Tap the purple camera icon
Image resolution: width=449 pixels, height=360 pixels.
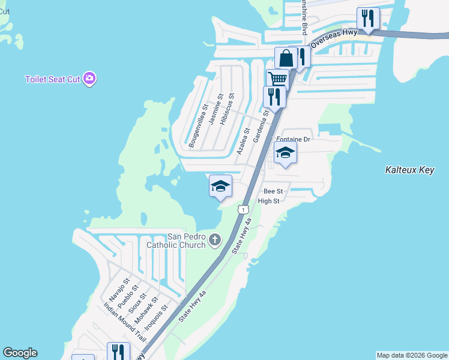[89, 79]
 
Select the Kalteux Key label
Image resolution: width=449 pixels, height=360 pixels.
[409, 170]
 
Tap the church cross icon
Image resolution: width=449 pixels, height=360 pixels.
[215, 241]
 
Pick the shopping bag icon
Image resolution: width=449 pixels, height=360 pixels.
[286, 58]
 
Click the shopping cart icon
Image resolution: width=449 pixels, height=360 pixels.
[277, 79]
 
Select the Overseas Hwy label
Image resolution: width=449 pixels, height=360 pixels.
[334, 37]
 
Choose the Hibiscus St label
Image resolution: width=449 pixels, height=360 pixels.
[227, 109]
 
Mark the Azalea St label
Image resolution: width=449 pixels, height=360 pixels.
[243, 141]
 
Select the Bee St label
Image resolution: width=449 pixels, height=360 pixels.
[273, 191]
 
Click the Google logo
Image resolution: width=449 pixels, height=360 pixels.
[20, 353]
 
